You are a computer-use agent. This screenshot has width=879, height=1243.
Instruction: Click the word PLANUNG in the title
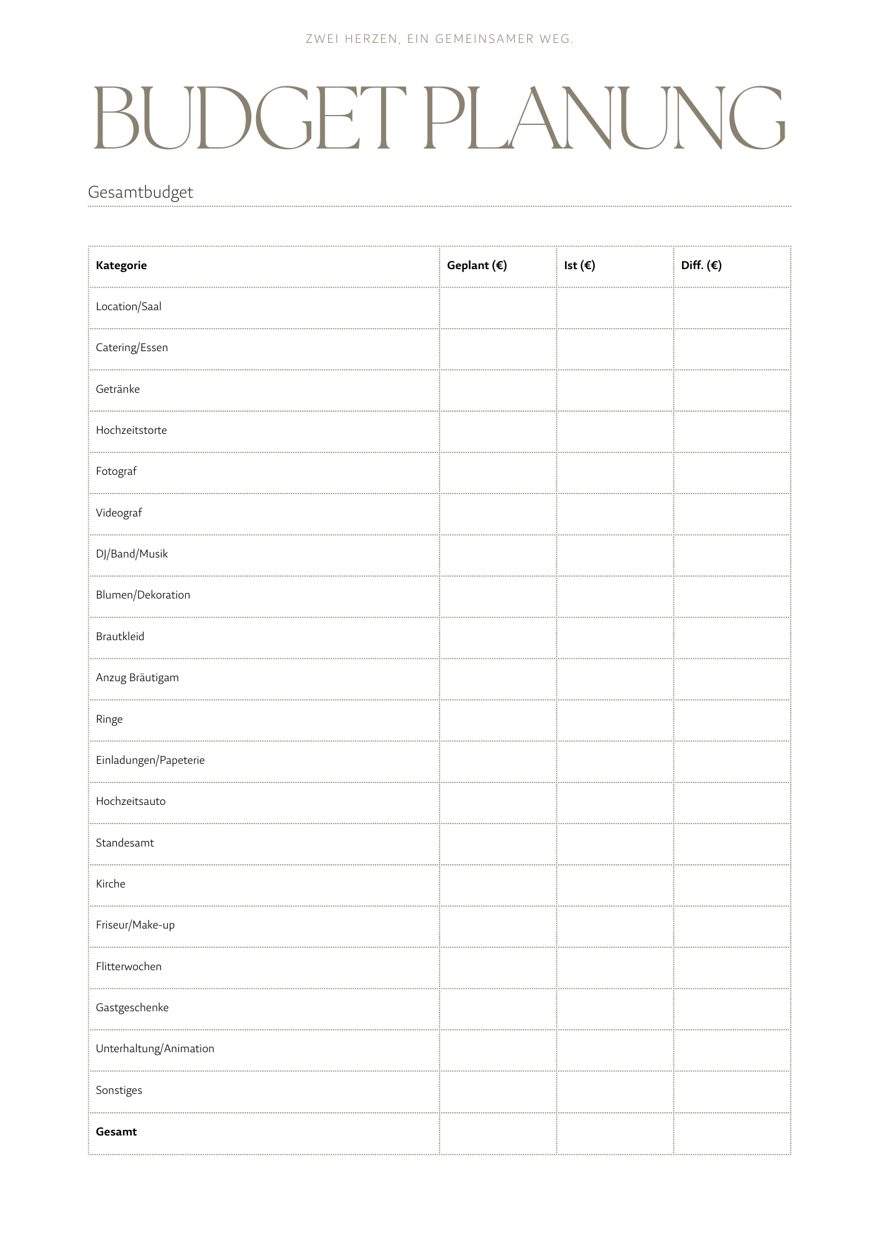tap(604, 118)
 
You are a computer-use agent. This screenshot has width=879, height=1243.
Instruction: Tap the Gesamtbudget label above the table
tap(140, 192)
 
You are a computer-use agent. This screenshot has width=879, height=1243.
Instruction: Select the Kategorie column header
tap(121, 265)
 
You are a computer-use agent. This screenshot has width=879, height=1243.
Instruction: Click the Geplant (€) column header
tap(477, 265)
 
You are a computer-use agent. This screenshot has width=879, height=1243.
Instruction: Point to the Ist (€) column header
tap(579, 265)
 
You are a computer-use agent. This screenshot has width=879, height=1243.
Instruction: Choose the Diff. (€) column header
tap(701, 265)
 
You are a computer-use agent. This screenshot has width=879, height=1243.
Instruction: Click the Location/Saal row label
tap(129, 306)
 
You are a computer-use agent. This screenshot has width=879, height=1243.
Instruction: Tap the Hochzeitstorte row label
tap(131, 430)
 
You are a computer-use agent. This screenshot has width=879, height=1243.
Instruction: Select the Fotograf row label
tap(116, 471)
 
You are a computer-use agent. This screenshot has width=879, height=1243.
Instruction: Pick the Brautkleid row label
tap(120, 636)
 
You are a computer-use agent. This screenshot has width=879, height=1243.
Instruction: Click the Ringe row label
tap(109, 719)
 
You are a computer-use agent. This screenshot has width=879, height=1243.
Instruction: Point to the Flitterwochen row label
tap(129, 966)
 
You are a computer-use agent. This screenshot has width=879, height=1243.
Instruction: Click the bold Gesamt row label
tap(116, 1132)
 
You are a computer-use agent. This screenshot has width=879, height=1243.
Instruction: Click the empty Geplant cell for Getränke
tap(498, 390)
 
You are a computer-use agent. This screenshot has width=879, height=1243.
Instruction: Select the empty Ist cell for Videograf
tap(615, 513)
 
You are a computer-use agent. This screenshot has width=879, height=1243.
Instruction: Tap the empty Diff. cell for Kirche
tap(732, 884)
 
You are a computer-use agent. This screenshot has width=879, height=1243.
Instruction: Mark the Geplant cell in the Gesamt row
tap(498, 1132)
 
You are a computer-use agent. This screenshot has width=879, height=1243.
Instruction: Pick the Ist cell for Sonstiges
tap(615, 1091)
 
